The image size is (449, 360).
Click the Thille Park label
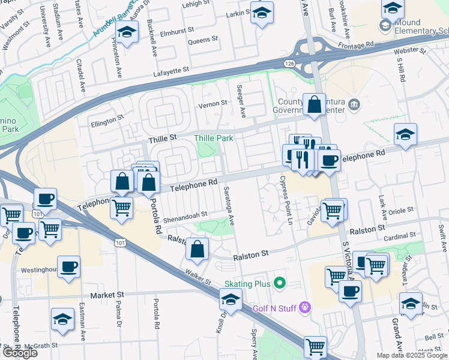point(213,139)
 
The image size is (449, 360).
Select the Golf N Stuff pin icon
point(305,308)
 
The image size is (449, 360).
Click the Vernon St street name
point(213,103)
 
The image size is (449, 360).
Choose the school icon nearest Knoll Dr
point(231,299)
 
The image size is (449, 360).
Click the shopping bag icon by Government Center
point(315,104)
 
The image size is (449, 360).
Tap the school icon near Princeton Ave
point(127,34)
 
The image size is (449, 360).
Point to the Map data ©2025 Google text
point(411,355)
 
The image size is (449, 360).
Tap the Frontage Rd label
point(357,44)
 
